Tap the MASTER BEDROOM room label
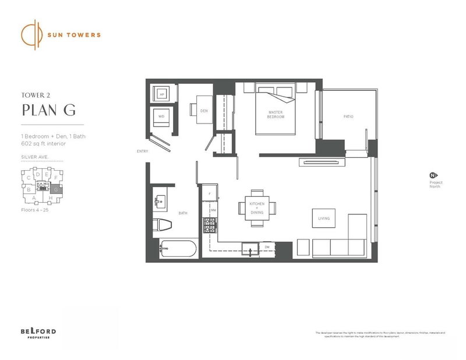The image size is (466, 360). [276, 114]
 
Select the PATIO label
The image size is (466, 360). [348, 117]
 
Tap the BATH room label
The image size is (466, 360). [183, 214]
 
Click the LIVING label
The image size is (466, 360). [324, 218]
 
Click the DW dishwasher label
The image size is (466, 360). [267, 248]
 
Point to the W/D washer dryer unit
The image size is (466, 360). [161, 118]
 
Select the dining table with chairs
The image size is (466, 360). [257, 207]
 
